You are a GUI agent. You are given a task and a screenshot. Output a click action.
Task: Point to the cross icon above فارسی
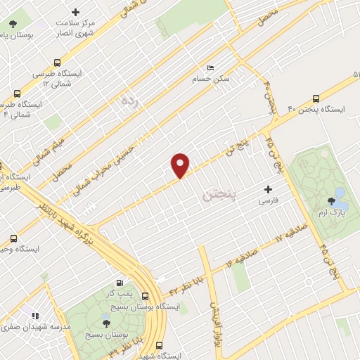[x=268, y=189]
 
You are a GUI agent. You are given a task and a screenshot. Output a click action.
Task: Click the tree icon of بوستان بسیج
[x=106, y=323]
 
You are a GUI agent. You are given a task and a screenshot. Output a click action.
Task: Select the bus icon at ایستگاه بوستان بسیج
[x=146, y=296]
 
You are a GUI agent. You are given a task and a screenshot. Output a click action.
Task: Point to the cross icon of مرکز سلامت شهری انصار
[x=76, y=12]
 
